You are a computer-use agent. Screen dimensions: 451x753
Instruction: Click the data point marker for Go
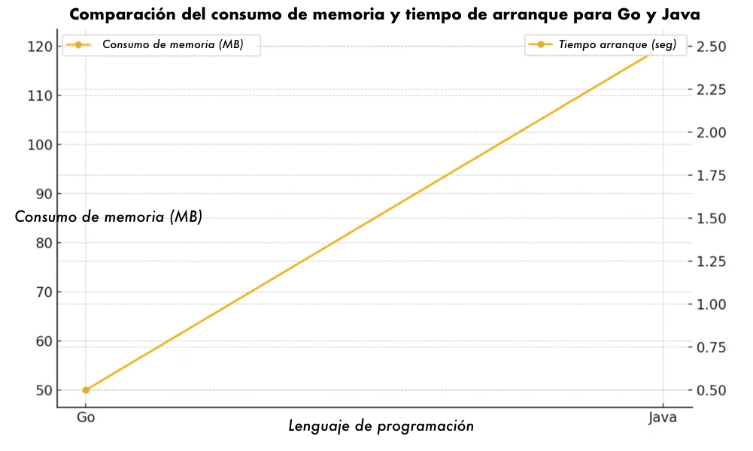click(86, 390)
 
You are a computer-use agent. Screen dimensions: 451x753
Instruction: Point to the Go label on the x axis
click(86, 417)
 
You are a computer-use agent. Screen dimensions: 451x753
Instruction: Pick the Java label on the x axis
click(663, 417)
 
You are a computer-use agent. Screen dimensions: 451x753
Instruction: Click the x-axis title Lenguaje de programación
click(381, 426)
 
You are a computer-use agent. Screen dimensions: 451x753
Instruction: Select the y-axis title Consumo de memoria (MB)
click(109, 217)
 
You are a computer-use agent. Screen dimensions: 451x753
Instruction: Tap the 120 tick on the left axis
click(39, 47)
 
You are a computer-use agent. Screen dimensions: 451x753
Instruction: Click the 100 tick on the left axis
click(39, 144)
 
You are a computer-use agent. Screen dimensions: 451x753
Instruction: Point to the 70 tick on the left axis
click(42, 292)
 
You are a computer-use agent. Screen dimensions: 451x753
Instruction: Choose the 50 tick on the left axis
click(42, 390)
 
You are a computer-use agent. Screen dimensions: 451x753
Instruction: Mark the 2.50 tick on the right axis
click(711, 47)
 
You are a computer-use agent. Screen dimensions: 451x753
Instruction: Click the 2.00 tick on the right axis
click(711, 132)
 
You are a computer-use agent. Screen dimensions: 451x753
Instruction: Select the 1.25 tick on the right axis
click(711, 262)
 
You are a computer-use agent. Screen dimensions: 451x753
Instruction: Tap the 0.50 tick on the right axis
click(711, 390)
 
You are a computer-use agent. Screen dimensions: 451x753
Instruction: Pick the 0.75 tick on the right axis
click(711, 347)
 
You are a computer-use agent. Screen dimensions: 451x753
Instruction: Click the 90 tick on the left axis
click(42, 194)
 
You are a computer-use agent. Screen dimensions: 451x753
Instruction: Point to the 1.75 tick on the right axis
click(711, 176)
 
